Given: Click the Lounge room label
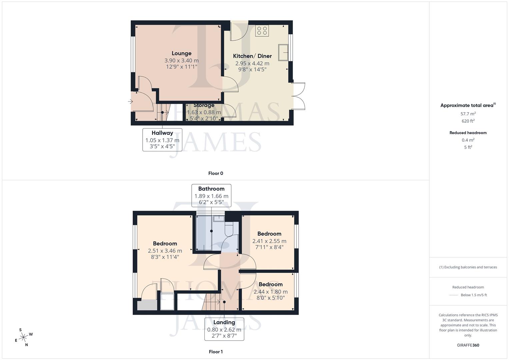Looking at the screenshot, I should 181,53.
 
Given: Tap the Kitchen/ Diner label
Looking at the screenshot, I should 252,56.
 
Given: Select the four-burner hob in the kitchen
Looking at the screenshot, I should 262,31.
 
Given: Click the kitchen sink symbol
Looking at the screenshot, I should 283,52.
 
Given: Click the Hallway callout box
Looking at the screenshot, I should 162,140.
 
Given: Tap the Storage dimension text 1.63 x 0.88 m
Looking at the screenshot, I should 204,112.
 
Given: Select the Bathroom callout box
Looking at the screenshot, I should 211,196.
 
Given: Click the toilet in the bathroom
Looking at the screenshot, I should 230,230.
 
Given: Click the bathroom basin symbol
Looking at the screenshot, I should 219,218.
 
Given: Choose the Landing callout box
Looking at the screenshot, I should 224,329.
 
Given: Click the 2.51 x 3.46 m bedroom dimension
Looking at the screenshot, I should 165,251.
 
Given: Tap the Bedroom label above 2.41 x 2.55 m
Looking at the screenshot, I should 269,234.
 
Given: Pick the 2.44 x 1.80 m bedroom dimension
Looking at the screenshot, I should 271,292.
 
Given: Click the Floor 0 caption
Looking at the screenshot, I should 216,173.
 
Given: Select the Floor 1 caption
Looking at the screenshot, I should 216,352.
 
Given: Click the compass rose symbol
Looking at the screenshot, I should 23,338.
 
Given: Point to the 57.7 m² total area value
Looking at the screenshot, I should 468,114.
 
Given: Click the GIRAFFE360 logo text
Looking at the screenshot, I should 468,345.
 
